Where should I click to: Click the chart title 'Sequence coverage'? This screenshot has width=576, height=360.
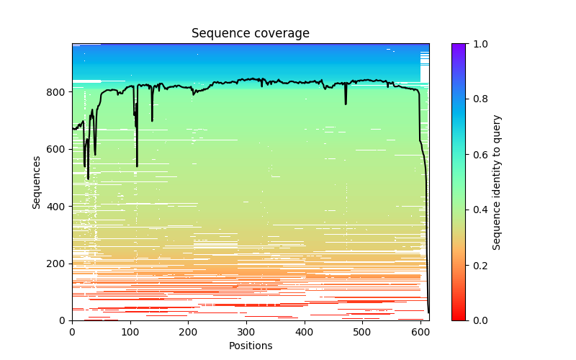(250, 34)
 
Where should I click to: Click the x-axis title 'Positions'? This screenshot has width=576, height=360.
(250, 346)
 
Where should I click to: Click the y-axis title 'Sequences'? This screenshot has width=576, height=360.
(37, 182)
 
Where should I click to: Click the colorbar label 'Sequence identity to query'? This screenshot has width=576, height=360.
(497, 182)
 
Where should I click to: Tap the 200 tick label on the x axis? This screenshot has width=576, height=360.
(188, 332)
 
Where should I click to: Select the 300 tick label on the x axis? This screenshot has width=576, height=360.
(246, 332)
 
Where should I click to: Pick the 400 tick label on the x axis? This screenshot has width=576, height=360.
(305, 332)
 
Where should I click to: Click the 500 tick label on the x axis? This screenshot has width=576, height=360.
(362, 332)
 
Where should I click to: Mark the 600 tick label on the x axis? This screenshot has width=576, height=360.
(420, 332)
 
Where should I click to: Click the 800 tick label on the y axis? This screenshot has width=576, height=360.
(58, 92)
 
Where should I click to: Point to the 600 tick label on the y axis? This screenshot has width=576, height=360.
(58, 149)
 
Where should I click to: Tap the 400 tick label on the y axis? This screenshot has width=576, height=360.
(58, 207)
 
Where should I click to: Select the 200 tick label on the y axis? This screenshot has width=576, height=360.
(58, 264)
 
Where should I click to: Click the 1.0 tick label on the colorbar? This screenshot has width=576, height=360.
(478, 44)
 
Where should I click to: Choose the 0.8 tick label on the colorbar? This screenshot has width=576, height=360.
(478, 99)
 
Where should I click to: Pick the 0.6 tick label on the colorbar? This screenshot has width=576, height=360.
(478, 155)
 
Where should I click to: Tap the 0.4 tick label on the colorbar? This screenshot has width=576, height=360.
(478, 210)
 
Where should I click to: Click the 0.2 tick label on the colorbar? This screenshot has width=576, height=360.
(478, 265)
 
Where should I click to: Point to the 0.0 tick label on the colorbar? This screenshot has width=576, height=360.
(478, 320)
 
